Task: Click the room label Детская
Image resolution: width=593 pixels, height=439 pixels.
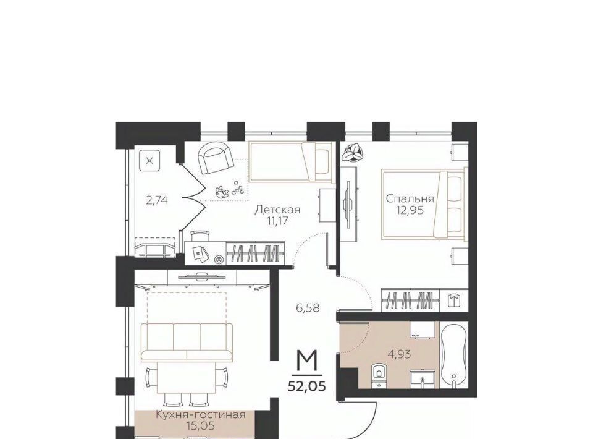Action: coord(277,210)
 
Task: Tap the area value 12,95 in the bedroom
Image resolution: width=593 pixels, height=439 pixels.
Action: coord(410,210)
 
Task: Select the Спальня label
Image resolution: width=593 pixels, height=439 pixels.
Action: coord(410,198)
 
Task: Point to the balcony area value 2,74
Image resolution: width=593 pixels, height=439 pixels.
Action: coord(157,200)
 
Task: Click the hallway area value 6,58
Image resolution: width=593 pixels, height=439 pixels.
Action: coord(308,308)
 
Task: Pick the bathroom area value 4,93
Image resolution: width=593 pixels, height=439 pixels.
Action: coord(400,355)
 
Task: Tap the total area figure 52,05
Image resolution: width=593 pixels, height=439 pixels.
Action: coord(307,386)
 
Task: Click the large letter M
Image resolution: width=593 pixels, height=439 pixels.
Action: coord(307,361)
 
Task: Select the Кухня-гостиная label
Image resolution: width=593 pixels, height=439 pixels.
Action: coord(201,415)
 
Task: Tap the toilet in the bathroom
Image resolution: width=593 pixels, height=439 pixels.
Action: coord(378,375)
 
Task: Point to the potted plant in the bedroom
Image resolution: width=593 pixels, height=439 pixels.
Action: coord(353,153)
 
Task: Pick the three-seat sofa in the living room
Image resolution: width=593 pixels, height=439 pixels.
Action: coord(187,343)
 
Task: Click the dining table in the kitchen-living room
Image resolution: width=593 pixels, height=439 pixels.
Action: coord(187,378)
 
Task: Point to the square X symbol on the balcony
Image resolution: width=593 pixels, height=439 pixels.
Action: coord(149,161)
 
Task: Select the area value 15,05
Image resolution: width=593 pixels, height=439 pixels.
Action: coord(201,426)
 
